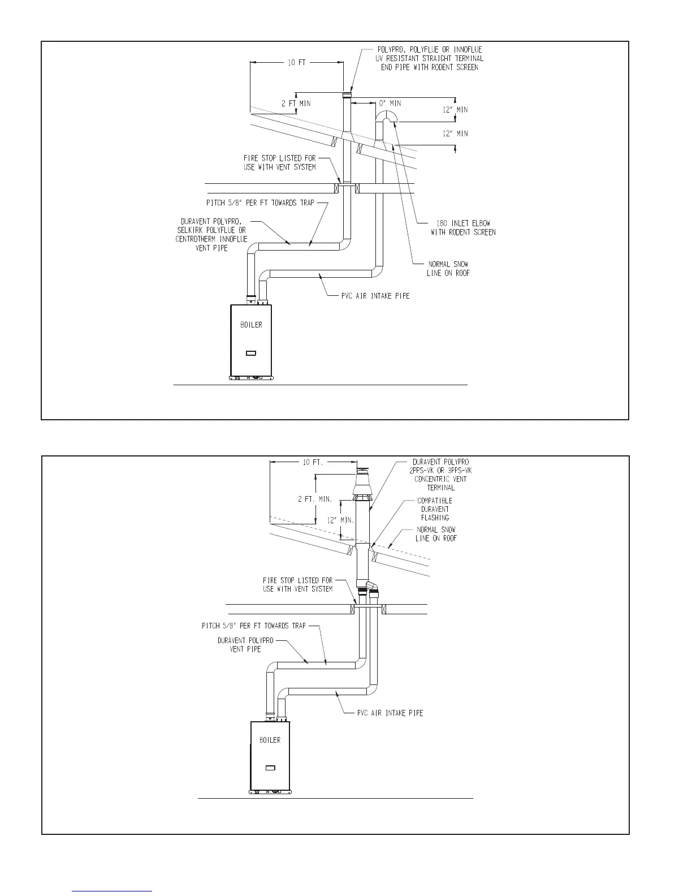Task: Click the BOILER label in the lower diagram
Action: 270,740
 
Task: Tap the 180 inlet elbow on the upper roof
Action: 387,117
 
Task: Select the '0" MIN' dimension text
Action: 390,104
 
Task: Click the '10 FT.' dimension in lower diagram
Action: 313,462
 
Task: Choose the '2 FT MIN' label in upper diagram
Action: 296,104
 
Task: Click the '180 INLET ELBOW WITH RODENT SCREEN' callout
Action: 463,227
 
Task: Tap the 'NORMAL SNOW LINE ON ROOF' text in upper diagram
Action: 448,269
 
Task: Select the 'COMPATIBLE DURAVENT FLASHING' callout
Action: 435,509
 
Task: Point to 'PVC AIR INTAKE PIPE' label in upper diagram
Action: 375,296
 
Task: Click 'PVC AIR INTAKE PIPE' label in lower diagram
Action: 390,713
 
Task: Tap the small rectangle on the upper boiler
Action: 251,354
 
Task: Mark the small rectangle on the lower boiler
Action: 270,768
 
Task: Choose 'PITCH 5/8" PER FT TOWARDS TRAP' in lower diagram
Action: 253,626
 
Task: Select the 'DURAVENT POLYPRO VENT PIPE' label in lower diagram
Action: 245,645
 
